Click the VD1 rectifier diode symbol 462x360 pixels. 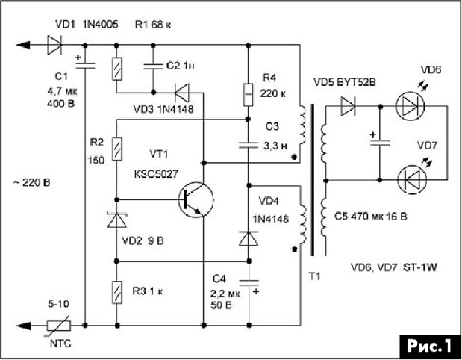[54, 45]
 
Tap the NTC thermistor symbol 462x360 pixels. [58, 326]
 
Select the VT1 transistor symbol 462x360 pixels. [196, 200]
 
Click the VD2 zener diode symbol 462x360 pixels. [117, 220]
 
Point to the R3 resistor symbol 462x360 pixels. [117, 292]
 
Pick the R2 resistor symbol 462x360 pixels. [117, 149]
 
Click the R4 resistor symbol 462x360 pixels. [248, 95]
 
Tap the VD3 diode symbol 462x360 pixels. [182, 93]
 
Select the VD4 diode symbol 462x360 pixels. [249, 238]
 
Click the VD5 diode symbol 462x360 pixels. [349, 106]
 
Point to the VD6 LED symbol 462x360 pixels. [410, 106]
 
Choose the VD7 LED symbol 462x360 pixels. [412, 179]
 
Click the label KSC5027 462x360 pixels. [156, 174]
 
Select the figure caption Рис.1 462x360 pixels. [429, 346]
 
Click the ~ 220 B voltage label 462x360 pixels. [31, 183]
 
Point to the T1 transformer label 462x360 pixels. [314, 276]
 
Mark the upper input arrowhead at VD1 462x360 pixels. [23, 45]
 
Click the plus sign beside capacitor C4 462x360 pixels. [256, 291]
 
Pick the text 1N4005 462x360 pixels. [100, 25]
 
